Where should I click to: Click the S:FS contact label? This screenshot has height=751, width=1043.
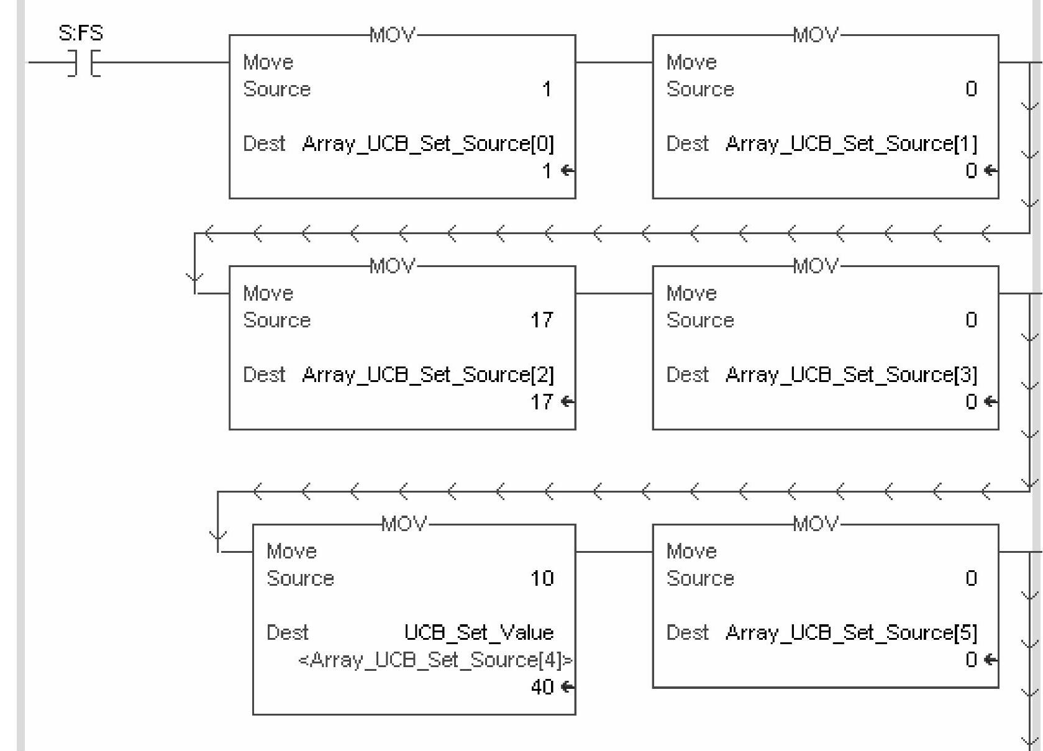81,33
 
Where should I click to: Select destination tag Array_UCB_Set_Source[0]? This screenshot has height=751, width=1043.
427,144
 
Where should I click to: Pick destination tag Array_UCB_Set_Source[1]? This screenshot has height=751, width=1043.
851,144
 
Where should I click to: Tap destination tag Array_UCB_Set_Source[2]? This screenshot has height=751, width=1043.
427,375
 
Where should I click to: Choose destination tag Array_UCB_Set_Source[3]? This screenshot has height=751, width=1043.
851,375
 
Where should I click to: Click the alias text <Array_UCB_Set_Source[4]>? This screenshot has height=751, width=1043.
435,660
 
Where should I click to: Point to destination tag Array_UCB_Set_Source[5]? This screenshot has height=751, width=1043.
851,633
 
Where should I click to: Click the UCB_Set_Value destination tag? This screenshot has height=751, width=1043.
478,633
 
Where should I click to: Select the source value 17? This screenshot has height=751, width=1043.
541,321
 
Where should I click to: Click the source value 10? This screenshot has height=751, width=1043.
541,579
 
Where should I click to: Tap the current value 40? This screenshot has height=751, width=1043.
542,687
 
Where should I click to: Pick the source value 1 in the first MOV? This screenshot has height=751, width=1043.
547,89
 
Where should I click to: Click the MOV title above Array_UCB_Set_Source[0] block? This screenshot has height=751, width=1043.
392,35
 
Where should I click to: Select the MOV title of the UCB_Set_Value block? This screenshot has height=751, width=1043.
404,524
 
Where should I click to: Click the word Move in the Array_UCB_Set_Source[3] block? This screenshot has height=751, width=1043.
691,293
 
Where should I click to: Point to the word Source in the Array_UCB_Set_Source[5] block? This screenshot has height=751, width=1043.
700,579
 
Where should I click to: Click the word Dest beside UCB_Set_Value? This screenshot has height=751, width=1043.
287,633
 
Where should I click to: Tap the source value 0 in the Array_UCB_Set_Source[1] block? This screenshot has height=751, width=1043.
971,89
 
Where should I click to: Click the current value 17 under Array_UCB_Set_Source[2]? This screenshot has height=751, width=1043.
541,403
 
